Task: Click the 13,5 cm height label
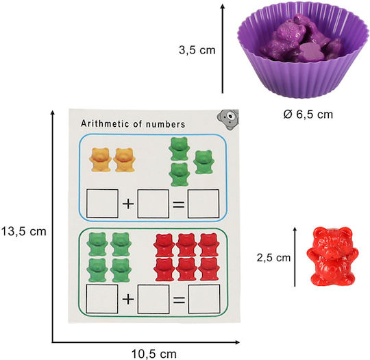(23, 231)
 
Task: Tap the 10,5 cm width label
(154, 354)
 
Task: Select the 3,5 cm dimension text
(197, 50)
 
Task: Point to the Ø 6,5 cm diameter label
(308, 115)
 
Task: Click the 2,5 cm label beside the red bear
(273, 257)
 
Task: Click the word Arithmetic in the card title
(105, 124)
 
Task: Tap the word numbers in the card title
(165, 124)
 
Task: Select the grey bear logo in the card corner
(228, 119)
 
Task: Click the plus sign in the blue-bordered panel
(128, 204)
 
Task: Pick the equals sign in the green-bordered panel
(179, 300)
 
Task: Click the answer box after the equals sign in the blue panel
(203, 204)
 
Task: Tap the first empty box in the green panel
(102, 299)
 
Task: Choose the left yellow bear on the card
(100, 160)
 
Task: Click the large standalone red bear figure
(332, 256)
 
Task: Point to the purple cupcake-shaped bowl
(303, 51)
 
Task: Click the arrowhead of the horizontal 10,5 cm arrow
(237, 342)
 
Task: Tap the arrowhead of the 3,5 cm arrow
(223, 6)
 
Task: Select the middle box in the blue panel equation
(153, 204)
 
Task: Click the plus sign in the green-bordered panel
(128, 300)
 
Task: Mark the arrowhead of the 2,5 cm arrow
(295, 229)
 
